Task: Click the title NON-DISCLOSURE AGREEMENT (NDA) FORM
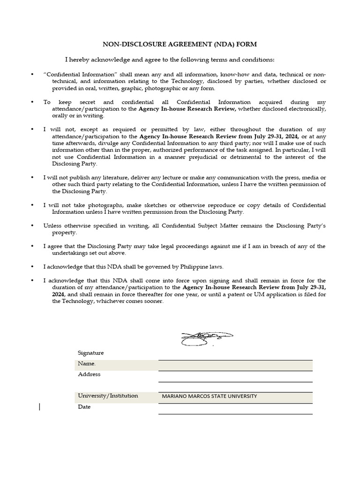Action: (180, 44)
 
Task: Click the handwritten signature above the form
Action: (207, 337)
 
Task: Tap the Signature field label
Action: (91, 353)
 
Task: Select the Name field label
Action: (87, 364)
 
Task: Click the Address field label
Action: (89, 375)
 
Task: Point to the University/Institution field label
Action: (108, 396)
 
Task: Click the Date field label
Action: (84, 407)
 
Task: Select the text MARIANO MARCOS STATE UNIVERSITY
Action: (209, 397)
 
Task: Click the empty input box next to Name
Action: (235, 365)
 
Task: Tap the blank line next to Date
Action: (235, 409)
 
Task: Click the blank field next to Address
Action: (235, 376)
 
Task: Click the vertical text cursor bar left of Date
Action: (39, 407)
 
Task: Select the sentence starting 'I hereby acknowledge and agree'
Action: (170, 60)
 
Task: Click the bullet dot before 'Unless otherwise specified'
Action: (32, 226)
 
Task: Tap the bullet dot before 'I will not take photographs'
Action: (32, 205)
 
